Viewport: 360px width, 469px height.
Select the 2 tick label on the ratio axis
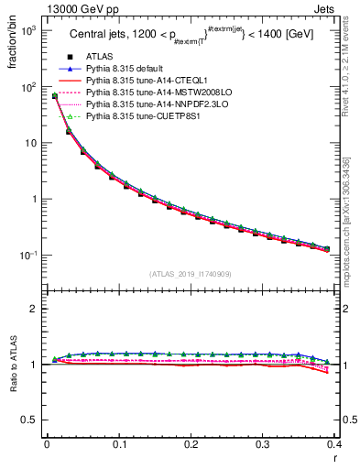pyautogui.click(x=35, y=309)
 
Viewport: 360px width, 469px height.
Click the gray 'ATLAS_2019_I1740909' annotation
pyautogui.click(x=191, y=274)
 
